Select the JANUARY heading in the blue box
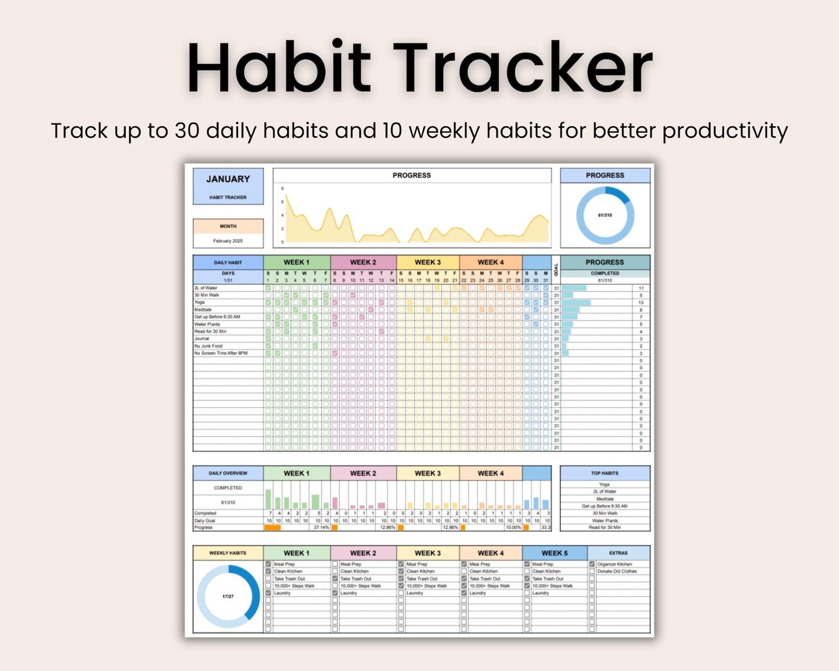[x=228, y=179]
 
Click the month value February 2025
[x=228, y=241]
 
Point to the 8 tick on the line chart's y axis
[x=283, y=189]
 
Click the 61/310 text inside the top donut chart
[x=605, y=216]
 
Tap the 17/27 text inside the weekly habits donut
[x=228, y=597]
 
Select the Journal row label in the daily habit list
[x=202, y=339]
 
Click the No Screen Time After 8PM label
[x=221, y=353]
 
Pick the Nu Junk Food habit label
[x=208, y=346]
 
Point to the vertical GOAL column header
[x=556, y=269]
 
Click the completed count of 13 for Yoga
[x=641, y=303]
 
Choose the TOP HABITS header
[x=605, y=473]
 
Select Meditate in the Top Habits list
[x=605, y=499]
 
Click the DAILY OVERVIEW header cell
[x=228, y=473]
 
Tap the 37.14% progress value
[x=321, y=527]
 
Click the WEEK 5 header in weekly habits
[x=554, y=553]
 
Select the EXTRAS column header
[x=618, y=553]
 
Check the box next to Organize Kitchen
[x=592, y=564]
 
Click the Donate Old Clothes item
[x=617, y=571]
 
